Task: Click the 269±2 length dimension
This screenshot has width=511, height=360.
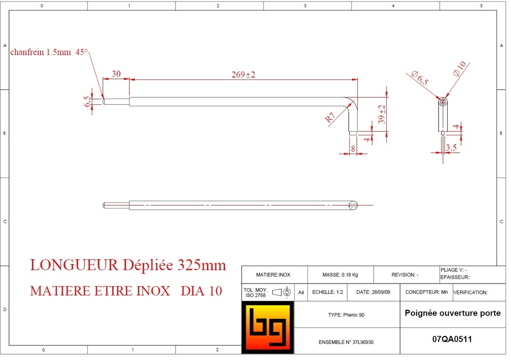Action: click(244, 74)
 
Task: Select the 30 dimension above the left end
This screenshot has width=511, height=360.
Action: click(116, 73)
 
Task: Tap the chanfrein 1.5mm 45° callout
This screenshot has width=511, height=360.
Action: click(49, 52)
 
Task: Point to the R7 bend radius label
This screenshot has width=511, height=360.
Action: click(330, 118)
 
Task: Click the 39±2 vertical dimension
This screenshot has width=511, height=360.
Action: click(382, 114)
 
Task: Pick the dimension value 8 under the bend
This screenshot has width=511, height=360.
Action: click(353, 148)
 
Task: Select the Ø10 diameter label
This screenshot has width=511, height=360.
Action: click(460, 68)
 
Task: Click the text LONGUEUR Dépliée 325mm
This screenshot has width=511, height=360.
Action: click(128, 265)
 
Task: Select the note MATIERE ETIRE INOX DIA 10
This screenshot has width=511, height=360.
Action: click(126, 291)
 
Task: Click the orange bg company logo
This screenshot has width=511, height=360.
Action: click(267, 328)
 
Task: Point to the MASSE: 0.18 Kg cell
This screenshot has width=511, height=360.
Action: click(339, 275)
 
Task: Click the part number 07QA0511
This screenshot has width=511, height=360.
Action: click(452, 339)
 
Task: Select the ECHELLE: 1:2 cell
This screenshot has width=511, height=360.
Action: click(327, 292)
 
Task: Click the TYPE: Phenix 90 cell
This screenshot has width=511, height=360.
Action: click(346, 315)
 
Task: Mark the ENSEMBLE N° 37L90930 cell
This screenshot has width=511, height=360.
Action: click(346, 343)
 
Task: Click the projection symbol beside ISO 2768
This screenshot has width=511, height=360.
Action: click(282, 292)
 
